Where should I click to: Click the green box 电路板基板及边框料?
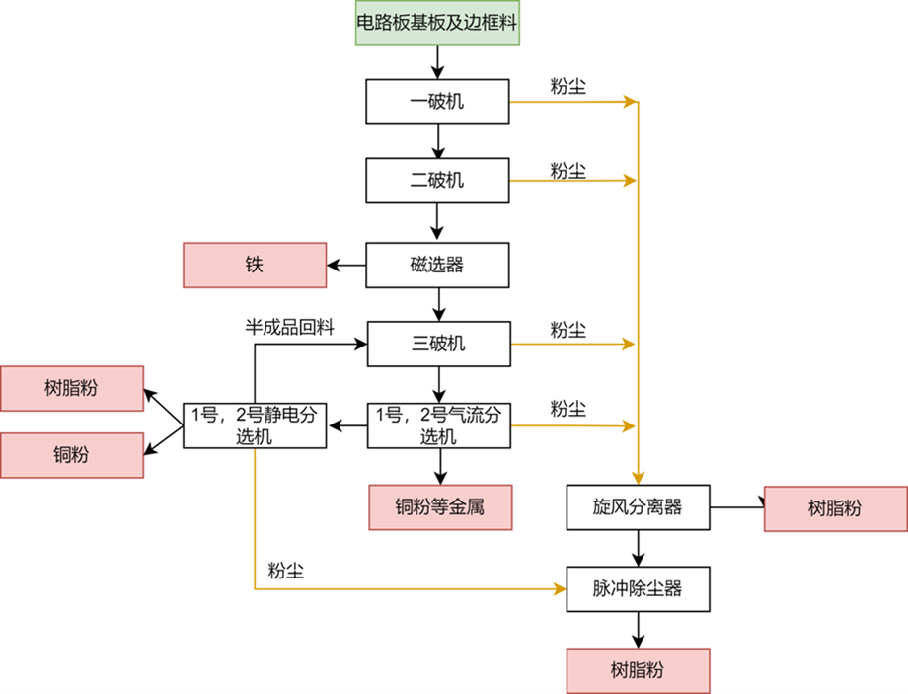click(436, 22)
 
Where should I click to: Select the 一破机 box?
click(436, 102)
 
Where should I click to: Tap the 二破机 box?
click(436, 181)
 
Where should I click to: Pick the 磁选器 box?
click(436, 265)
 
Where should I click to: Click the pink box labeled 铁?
click(255, 265)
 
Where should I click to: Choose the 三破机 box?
click(436, 345)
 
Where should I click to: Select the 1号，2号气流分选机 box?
click(436, 425)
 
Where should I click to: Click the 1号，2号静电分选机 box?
click(255, 425)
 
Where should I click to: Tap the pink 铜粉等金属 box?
click(440, 507)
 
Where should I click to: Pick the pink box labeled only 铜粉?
click(72, 454)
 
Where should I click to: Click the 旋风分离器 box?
click(638, 507)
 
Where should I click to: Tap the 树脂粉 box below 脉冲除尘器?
click(638, 670)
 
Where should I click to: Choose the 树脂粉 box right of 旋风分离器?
click(835, 507)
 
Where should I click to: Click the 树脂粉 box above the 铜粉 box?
click(72, 388)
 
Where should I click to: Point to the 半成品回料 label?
click(289, 325)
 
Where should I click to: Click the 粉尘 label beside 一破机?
click(568, 86)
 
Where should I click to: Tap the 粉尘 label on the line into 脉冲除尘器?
click(285, 572)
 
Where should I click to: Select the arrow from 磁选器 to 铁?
click(347, 265)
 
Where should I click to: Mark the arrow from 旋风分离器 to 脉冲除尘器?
click(639, 547)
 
